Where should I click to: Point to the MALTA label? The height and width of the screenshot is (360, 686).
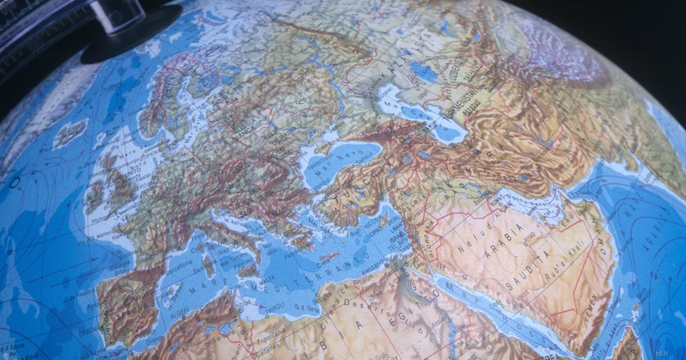(265, 282)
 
